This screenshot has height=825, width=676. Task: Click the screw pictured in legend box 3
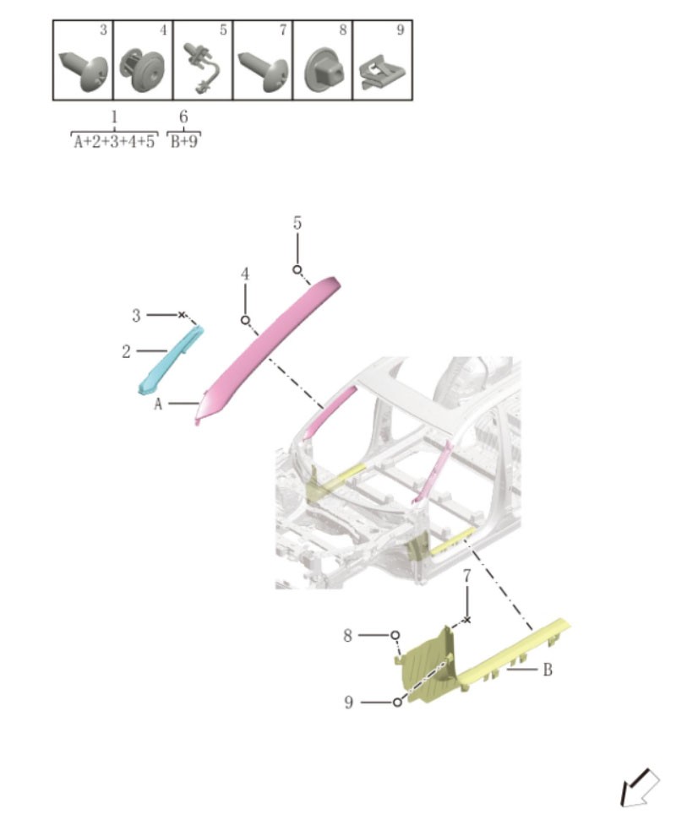tap(84, 71)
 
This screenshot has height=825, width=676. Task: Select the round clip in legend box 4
tap(142, 70)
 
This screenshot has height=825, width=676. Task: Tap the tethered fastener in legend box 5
tap(202, 68)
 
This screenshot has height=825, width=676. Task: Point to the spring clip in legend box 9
tap(383, 73)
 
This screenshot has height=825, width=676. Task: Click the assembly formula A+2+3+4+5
tap(114, 142)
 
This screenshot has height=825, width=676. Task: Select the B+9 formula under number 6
tap(183, 142)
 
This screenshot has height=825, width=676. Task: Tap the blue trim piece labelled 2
tap(170, 361)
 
